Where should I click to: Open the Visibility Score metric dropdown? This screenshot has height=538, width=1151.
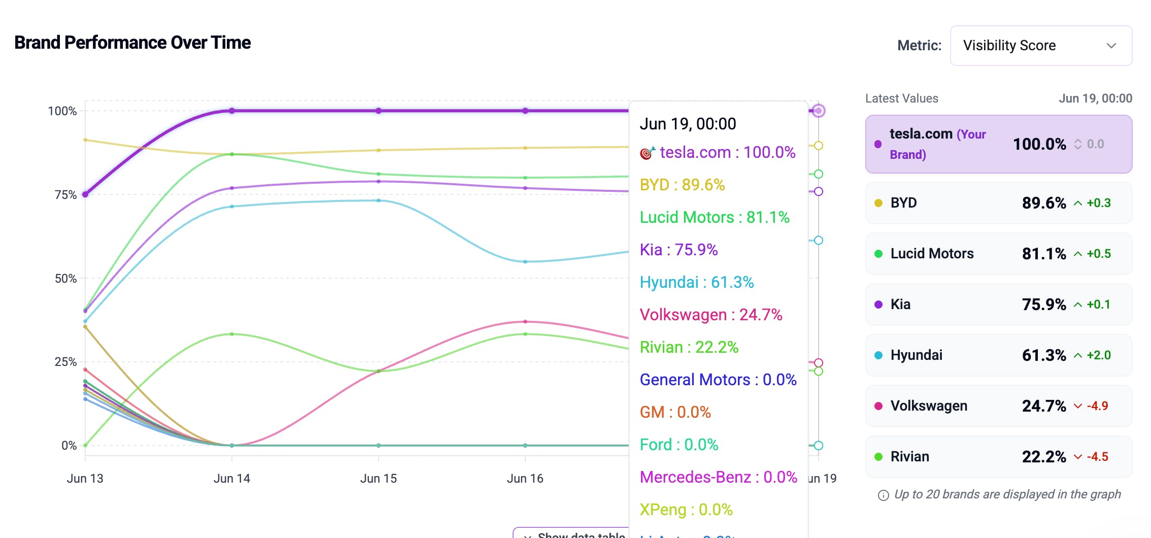point(1040,46)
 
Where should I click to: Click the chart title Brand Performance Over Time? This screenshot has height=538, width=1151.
point(132,43)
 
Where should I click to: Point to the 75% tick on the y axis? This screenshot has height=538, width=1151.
point(65,195)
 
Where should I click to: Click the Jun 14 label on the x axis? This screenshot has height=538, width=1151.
point(231,478)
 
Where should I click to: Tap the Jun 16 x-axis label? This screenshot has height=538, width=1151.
point(525,478)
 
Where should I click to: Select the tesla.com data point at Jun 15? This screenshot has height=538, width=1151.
point(379,111)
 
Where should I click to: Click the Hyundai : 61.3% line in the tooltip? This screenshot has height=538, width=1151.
point(696,282)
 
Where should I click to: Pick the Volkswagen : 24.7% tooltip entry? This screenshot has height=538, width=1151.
point(710,315)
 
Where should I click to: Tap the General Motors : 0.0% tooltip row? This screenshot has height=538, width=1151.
point(718,380)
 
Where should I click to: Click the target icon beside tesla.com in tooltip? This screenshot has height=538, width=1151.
point(647,152)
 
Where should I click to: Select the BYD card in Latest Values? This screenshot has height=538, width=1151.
point(998,203)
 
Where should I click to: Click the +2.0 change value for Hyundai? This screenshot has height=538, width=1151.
point(1098,355)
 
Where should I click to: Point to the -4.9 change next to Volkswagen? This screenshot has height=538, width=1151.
point(1097,406)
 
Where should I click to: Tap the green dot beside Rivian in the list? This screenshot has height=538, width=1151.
point(878,457)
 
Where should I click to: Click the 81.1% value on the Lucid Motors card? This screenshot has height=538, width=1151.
point(1043,254)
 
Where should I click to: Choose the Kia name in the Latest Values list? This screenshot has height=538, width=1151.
point(900,305)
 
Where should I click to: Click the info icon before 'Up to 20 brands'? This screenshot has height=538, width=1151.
point(883,495)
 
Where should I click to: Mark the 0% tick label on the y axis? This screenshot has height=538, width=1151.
point(69,446)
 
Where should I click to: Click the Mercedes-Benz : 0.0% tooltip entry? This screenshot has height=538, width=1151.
point(718,477)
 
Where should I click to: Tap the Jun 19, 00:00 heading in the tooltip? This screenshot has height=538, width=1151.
point(687,124)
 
